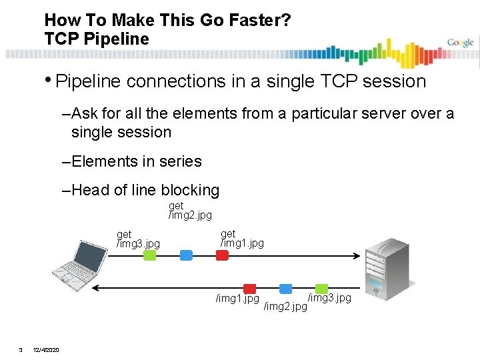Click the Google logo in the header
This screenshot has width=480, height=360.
[x=460, y=43]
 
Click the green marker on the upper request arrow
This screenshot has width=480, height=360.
[x=150, y=255]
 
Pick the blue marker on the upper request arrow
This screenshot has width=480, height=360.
[x=186, y=255]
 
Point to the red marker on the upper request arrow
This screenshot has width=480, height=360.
[x=222, y=255]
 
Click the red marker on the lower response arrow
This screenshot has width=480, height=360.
[x=250, y=288]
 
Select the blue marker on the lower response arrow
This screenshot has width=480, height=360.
[x=286, y=288]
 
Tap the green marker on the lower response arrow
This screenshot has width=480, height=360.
[x=322, y=288]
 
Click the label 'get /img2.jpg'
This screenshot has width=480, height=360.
[x=190, y=211]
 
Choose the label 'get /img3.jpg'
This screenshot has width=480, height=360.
[x=138, y=239]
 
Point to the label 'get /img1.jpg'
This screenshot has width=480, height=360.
[x=242, y=238]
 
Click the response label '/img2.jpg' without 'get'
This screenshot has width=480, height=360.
[x=285, y=307]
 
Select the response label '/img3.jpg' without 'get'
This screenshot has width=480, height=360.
[x=329, y=297]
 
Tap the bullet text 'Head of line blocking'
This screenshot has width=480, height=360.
[x=145, y=190]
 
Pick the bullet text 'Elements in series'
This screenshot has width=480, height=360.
[x=136, y=161]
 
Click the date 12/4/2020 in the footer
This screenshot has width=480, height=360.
[x=46, y=351]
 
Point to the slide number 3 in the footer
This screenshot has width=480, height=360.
[x=21, y=351]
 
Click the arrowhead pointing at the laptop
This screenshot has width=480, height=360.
[x=96, y=288]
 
